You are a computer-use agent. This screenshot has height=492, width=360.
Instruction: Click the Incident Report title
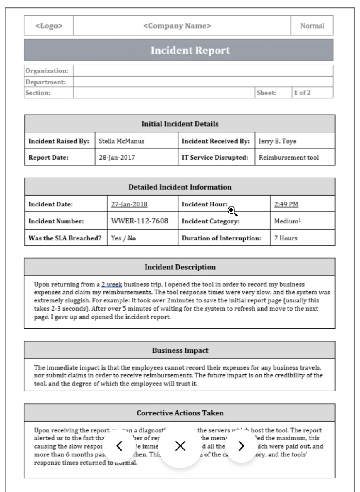click(190, 50)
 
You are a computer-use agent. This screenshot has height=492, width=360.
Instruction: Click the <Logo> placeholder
click(49, 26)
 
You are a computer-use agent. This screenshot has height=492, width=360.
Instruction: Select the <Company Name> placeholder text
click(177, 26)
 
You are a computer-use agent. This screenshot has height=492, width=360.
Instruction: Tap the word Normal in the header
click(312, 26)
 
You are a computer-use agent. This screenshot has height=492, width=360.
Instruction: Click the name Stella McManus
click(122, 141)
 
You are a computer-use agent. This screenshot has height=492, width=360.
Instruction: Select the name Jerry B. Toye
click(278, 141)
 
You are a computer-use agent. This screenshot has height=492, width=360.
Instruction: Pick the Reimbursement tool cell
click(289, 157)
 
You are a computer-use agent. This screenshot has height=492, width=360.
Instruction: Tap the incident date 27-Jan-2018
click(130, 204)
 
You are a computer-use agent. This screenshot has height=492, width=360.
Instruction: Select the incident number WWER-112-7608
click(140, 221)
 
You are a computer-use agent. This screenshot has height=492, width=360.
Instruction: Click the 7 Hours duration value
click(286, 238)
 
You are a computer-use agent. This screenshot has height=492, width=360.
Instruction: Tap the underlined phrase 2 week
click(111, 285)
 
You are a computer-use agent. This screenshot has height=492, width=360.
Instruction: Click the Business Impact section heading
click(180, 350)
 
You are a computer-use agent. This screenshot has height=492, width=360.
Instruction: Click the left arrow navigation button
click(119, 446)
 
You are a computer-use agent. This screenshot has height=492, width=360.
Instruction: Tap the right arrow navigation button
click(242, 446)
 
